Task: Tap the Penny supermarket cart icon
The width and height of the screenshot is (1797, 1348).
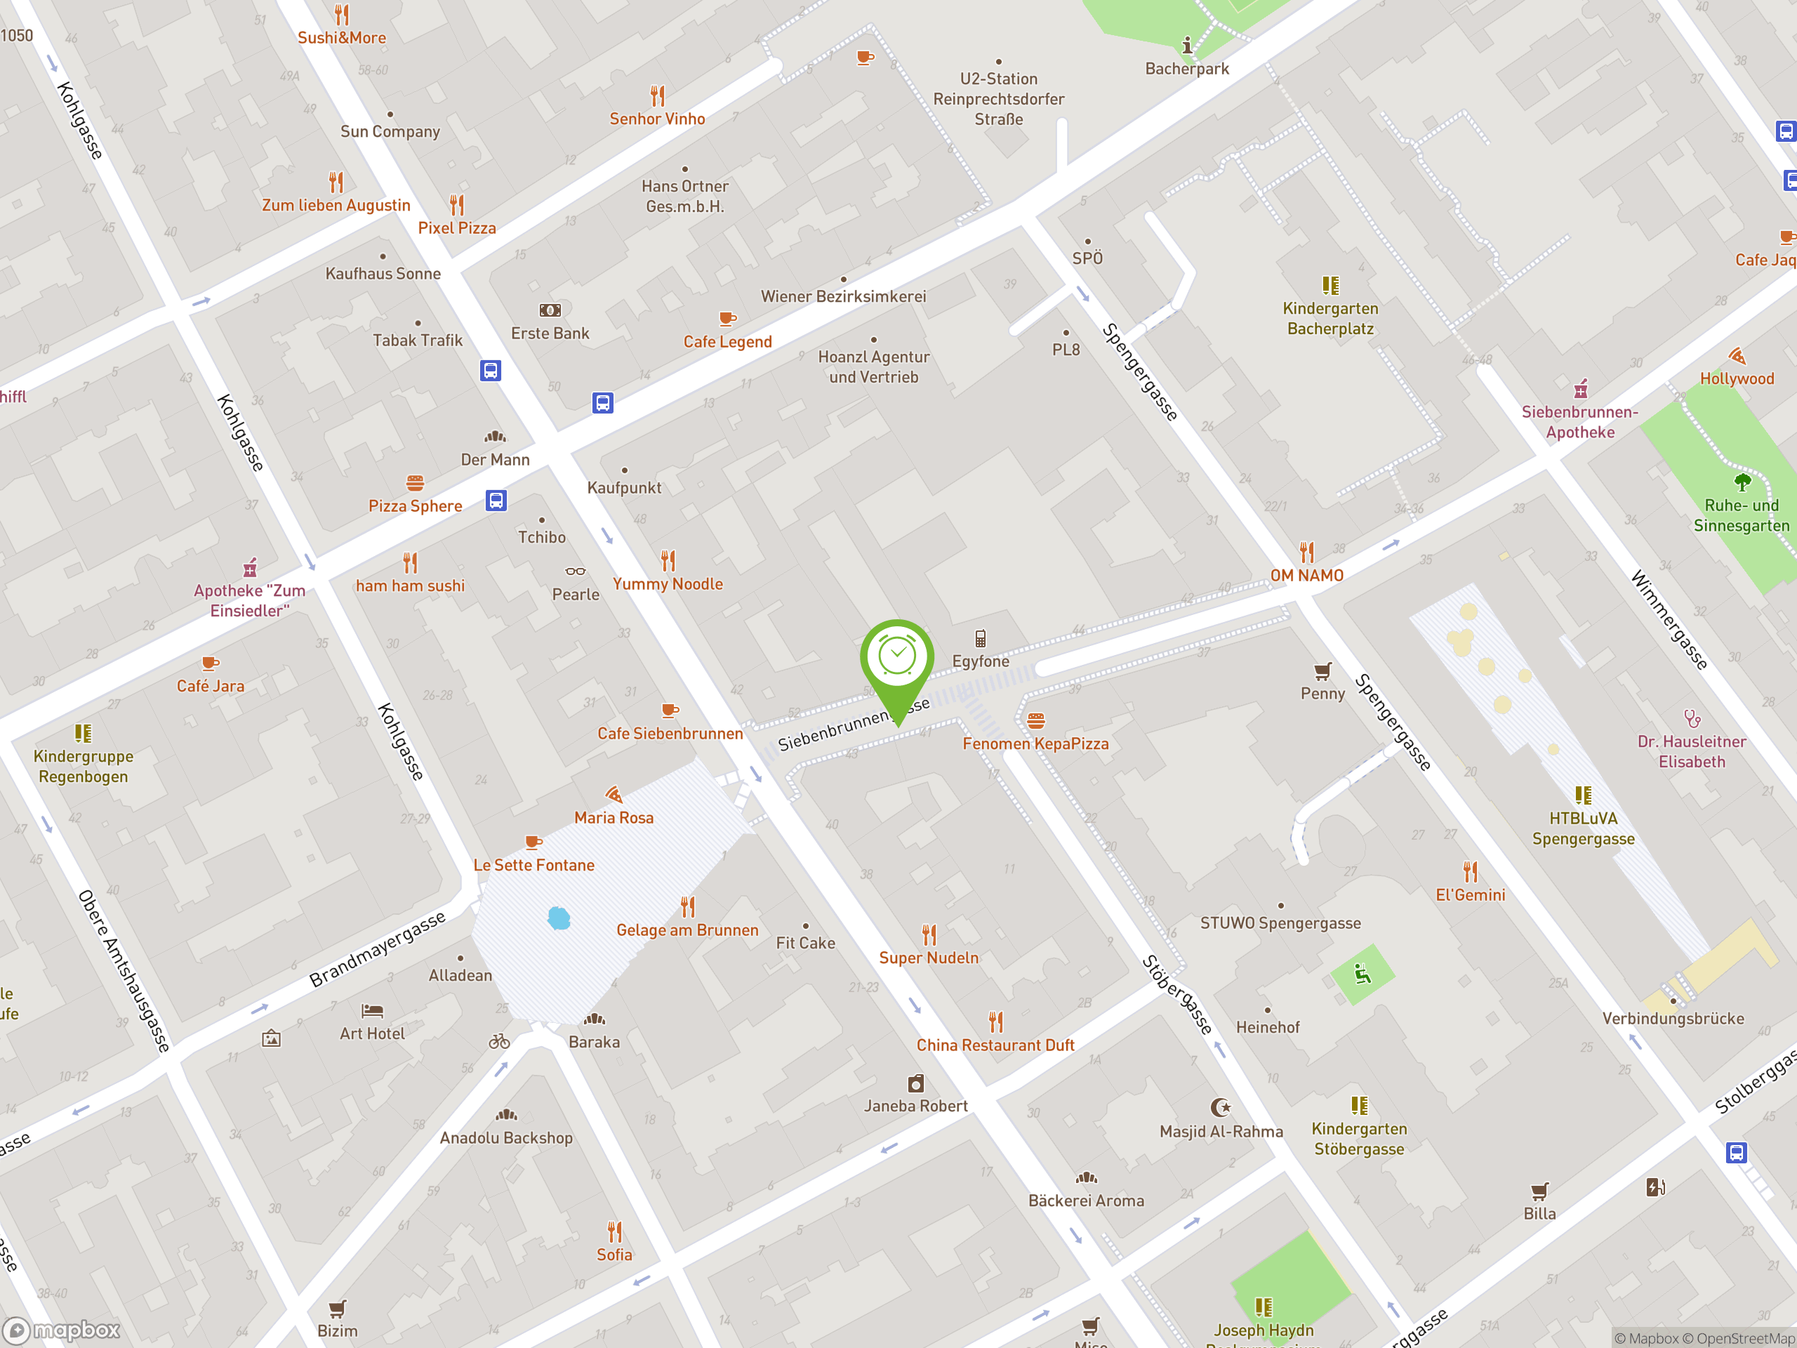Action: [x=1322, y=671]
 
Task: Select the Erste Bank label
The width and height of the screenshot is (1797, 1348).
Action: [x=550, y=333]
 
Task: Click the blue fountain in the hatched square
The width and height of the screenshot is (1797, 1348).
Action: [x=559, y=918]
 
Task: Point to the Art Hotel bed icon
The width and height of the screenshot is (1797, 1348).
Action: [x=372, y=1011]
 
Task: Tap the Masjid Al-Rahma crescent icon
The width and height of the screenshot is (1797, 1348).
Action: [x=1220, y=1107]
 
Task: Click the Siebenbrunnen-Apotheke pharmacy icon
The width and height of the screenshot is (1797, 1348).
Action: [x=1580, y=389]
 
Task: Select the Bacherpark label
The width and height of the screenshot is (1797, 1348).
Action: [x=1187, y=69]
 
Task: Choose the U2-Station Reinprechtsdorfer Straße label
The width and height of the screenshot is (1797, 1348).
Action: [x=998, y=99]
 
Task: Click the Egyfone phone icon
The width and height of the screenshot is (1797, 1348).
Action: [x=981, y=639]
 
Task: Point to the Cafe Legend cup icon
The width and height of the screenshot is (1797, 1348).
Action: [x=727, y=319]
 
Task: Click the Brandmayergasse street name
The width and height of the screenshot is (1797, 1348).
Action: [x=378, y=949]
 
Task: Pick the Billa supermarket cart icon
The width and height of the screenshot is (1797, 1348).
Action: [x=1539, y=1191]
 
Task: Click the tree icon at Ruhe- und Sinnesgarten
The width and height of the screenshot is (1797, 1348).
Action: [x=1742, y=482]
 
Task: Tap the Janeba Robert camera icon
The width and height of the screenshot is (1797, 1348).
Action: [x=915, y=1083]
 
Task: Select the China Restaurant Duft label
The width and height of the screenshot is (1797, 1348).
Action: [x=995, y=1045]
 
